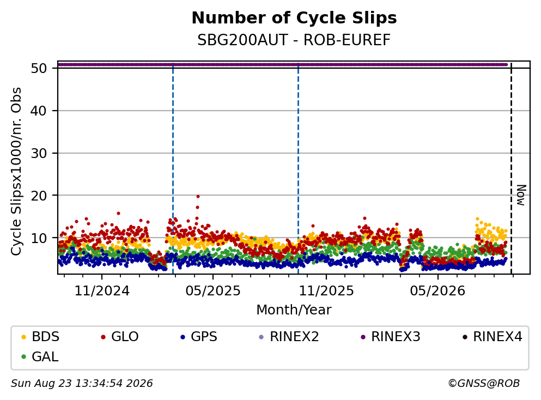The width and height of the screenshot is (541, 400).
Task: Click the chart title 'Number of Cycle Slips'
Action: (294, 18)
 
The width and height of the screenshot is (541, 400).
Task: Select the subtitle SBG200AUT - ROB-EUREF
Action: (294, 40)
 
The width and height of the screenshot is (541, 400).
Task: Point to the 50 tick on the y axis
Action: (39, 68)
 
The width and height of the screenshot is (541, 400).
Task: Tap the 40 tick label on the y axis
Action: (39, 111)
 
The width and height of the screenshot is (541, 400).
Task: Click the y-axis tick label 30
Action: (39, 153)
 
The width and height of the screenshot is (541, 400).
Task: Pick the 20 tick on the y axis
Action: (39, 196)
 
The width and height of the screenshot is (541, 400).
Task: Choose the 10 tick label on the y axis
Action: (39, 238)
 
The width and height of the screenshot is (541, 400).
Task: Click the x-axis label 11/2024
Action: (102, 291)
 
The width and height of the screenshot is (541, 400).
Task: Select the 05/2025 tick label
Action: (213, 291)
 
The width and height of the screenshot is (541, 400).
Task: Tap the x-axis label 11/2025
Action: (326, 291)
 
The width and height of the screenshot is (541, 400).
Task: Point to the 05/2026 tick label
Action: (437, 291)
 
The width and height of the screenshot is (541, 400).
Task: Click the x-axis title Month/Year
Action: (294, 310)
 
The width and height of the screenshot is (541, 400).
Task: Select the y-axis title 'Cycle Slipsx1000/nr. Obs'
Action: (16, 172)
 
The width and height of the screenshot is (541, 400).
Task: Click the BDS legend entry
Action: (40, 336)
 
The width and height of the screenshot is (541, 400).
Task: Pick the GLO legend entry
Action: (119, 336)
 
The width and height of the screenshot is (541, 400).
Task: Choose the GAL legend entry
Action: (39, 356)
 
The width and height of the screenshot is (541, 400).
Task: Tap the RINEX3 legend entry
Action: (390, 336)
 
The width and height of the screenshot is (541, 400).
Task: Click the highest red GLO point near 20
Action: (198, 196)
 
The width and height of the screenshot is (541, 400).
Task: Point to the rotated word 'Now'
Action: (521, 195)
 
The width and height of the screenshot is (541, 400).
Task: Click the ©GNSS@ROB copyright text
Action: (484, 383)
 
